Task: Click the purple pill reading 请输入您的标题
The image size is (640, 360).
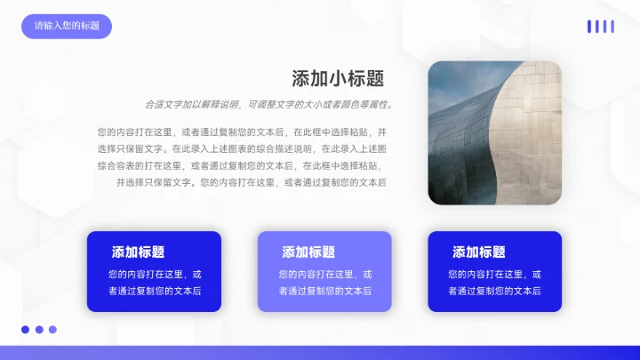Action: coord(67,26)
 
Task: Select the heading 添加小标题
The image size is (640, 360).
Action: coord(338,78)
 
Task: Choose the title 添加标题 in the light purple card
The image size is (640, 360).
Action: coord(308,252)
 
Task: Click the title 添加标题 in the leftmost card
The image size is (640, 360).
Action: coord(138,252)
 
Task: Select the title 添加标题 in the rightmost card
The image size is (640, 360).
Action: coord(479,252)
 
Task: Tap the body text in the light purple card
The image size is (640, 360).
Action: coord(324,283)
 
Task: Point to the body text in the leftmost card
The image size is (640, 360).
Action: coord(154,283)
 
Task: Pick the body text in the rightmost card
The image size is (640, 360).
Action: coord(494,283)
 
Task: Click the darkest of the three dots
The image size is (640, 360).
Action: coord(26,330)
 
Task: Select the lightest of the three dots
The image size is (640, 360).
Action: coord(52,330)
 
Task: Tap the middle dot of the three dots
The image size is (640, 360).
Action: coord(39,330)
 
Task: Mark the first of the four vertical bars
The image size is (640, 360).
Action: coord(588,27)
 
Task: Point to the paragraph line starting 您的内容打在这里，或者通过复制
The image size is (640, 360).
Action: coord(242,132)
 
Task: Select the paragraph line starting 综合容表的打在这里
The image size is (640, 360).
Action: coord(242,165)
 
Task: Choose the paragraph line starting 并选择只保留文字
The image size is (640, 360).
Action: coord(251,182)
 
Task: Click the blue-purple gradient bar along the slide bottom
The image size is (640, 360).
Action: coord(320,353)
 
